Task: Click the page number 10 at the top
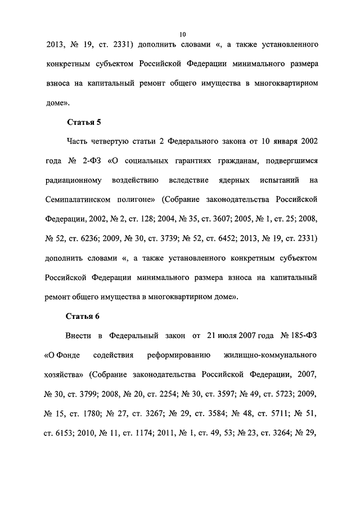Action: (183, 35)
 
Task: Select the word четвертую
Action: (112, 141)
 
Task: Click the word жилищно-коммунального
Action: (270, 355)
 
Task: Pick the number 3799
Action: (94, 394)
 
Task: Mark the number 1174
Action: (149, 433)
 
